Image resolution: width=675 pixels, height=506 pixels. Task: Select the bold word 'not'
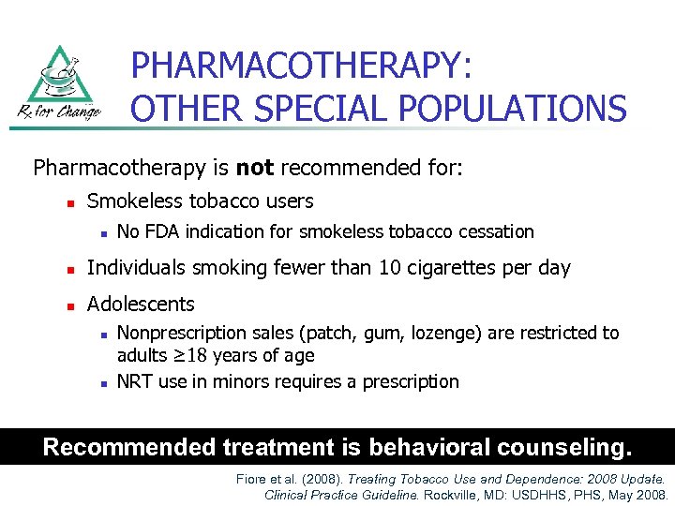pos(254,168)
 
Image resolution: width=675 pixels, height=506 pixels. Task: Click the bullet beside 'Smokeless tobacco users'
pos(58,202)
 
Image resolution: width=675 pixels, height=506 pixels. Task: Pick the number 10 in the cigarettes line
pos(390,268)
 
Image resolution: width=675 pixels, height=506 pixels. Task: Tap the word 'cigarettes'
pos(457,268)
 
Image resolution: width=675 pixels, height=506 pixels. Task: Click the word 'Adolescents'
pos(141,304)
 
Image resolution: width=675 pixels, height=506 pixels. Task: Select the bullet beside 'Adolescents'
pos(58,305)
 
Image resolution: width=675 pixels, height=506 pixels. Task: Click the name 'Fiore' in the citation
pos(253,479)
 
